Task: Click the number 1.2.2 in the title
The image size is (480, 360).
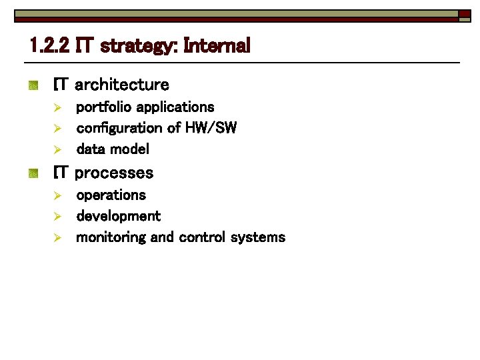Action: click(51, 46)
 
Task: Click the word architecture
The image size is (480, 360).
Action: click(122, 85)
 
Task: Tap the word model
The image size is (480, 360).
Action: click(129, 149)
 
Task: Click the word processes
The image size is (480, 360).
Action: click(114, 173)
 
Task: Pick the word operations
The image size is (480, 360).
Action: click(111, 195)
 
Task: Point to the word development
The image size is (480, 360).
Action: click(118, 216)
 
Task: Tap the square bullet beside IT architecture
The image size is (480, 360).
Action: click(33, 85)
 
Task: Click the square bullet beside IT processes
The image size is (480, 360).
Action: click(33, 173)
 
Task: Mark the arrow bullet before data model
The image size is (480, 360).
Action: click(58, 149)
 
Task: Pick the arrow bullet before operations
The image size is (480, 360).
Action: click(58, 195)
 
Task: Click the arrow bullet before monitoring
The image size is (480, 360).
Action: click(58, 237)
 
